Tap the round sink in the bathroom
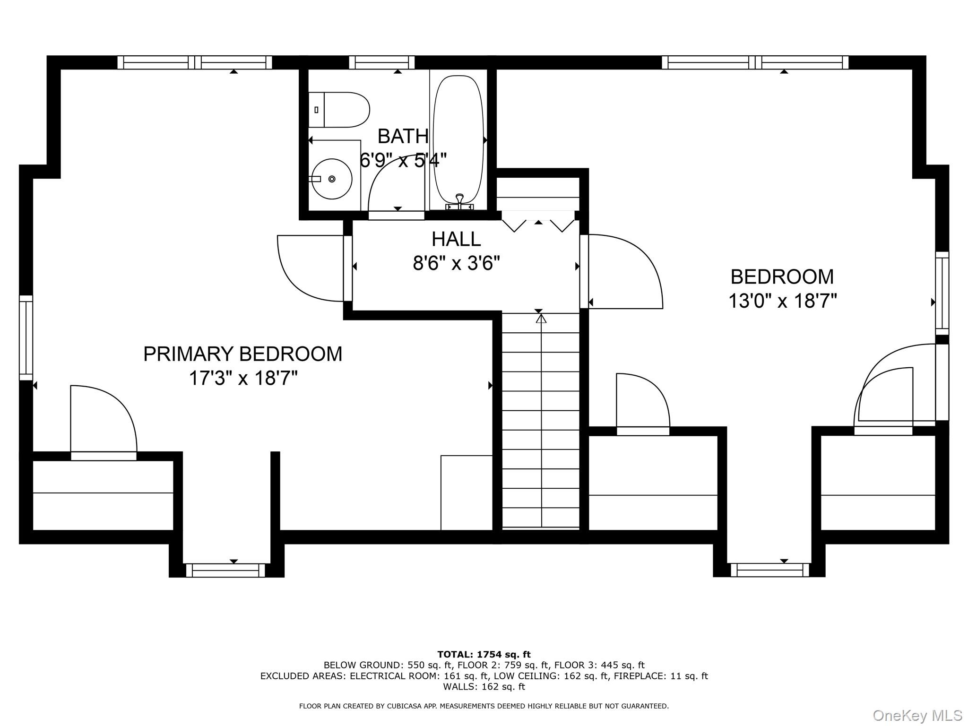pos(332,179)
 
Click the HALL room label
pos(456,239)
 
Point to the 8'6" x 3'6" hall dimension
pos(456,263)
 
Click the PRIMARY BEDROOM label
pos(242,354)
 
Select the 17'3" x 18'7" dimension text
pos(243,378)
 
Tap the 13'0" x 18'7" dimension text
pos(782,301)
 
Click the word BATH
pos(403,137)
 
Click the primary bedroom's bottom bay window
pos(225,570)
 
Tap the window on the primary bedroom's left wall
pos(26,337)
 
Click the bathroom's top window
pos(381,62)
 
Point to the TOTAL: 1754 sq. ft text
pos(484,655)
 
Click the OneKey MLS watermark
pos(917,715)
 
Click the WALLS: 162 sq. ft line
pos(484,687)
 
